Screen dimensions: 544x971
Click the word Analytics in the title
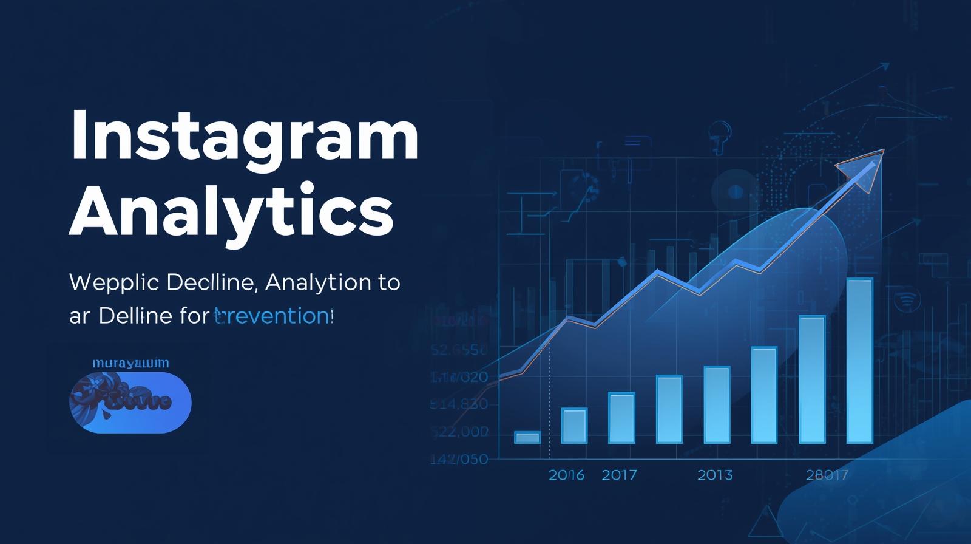pyautogui.click(x=231, y=211)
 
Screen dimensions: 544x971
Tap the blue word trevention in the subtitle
pyautogui.click(x=272, y=316)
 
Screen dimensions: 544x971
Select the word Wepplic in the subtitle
pyautogui.click(x=114, y=283)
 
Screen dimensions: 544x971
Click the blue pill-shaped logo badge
pyautogui.click(x=130, y=402)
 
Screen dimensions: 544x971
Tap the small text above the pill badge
pyautogui.click(x=130, y=363)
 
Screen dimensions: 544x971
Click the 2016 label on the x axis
pyautogui.click(x=566, y=475)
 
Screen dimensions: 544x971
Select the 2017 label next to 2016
pyautogui.click(x=619, y=475)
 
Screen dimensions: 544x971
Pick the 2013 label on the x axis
pyautogui.click(x=715, y=475)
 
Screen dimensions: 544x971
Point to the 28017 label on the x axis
pyautogui.click(x=827, y=475)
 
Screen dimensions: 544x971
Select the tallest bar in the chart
pyautogui.click(x=859, y=361)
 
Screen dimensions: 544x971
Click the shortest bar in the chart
pyautogui.click(x=527, y=437)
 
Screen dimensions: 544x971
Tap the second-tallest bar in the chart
pyautogui.click(x=812, y=379)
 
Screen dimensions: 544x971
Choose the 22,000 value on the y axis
pyautogui.click(x=460, y=432)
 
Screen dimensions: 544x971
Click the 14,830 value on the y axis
pyautogui.click(x=459, y=404)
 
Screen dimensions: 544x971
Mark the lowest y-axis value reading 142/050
pyautogui.click(x=459, y=459)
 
